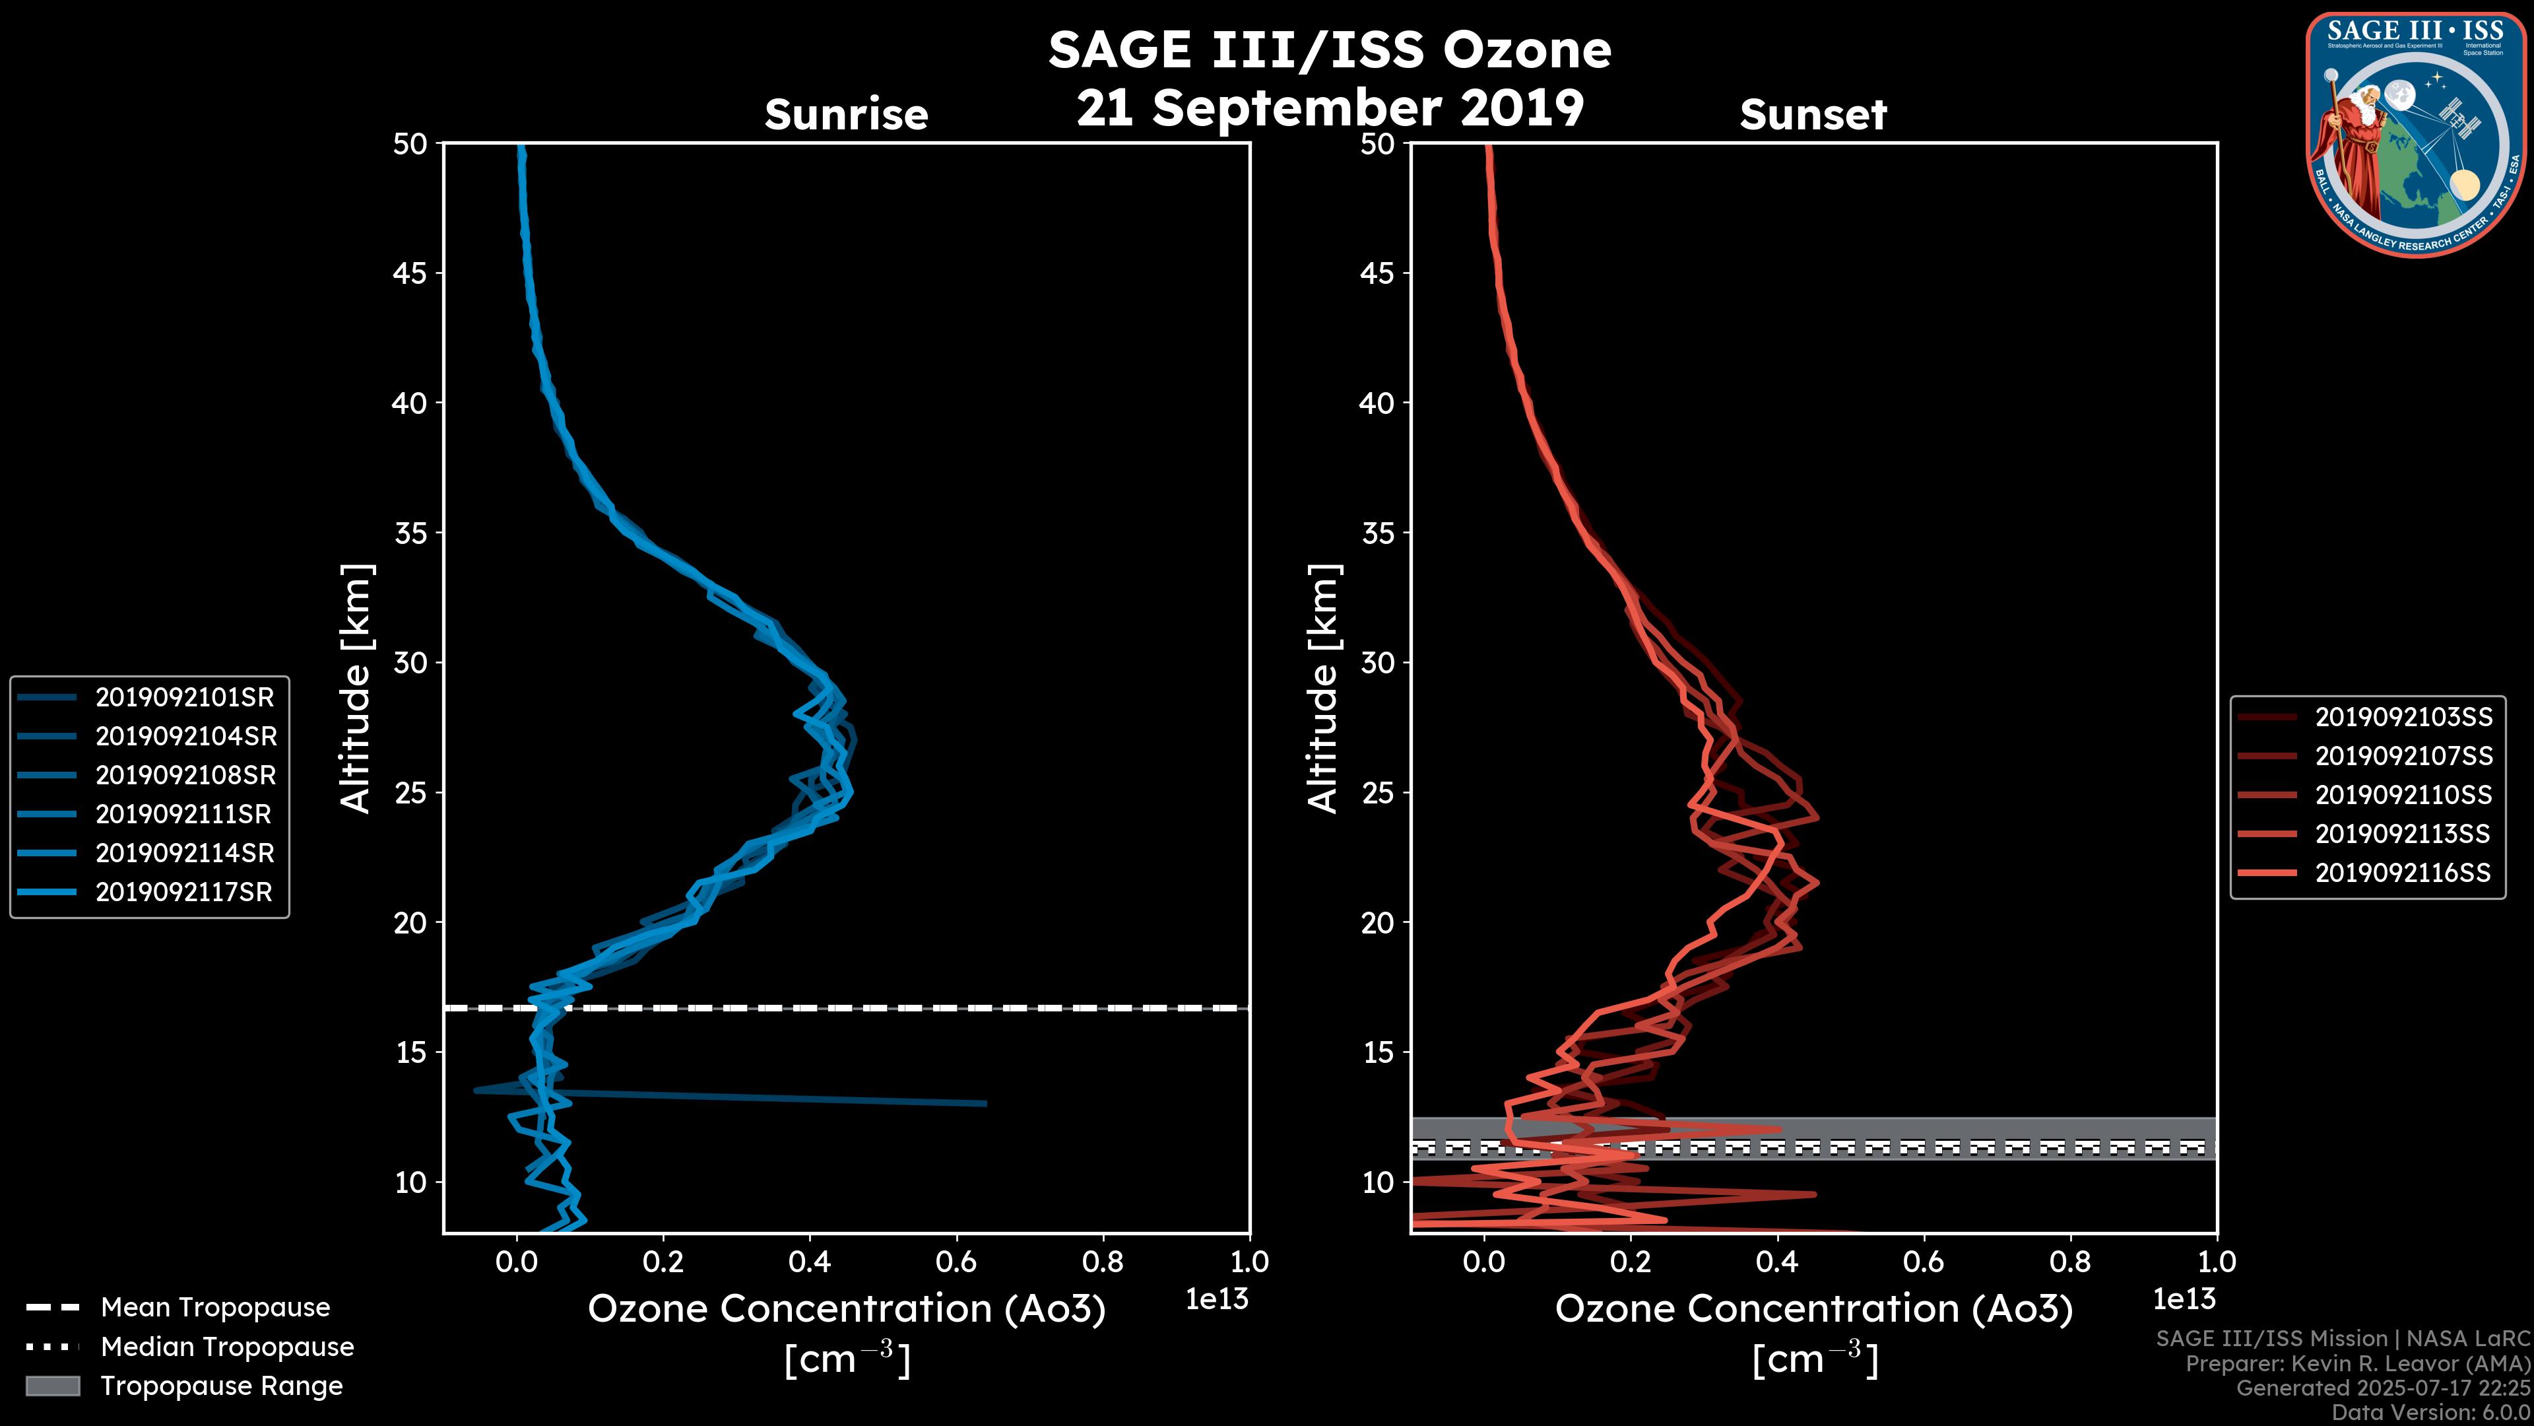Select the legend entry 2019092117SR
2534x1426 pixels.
point(184,893)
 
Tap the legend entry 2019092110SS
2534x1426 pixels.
point(2403,795)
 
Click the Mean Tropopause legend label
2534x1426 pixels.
point(215,1308)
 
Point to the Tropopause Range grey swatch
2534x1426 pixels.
point(52,1386)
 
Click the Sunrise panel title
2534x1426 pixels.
point(846,115)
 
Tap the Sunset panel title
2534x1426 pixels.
point(1813,115)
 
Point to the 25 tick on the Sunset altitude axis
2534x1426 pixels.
point(1377,793)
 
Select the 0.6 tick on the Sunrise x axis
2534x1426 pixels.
point(955,1262)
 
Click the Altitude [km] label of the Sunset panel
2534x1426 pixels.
point(1323,689)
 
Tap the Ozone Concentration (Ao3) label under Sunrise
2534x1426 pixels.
point(846,1309)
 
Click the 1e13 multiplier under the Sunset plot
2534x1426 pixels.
point(2184,1300)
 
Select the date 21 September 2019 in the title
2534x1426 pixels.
point(1330,107)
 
